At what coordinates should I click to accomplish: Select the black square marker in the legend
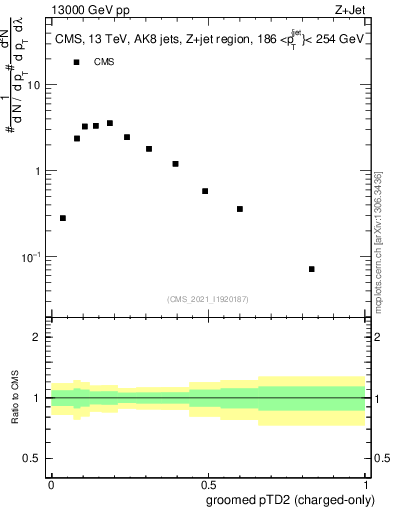point(77,62)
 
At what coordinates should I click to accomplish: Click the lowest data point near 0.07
point(312,269)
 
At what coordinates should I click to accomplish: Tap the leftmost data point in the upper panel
point(63,218)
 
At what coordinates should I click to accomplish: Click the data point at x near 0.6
point(240,209)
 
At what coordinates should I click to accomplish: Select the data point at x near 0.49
point(205,191)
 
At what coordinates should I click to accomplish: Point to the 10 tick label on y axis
point(34,85)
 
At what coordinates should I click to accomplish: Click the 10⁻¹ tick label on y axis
point(31,257)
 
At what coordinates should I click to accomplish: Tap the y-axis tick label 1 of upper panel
point(39,171)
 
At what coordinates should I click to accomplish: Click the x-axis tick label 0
point(51,483)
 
